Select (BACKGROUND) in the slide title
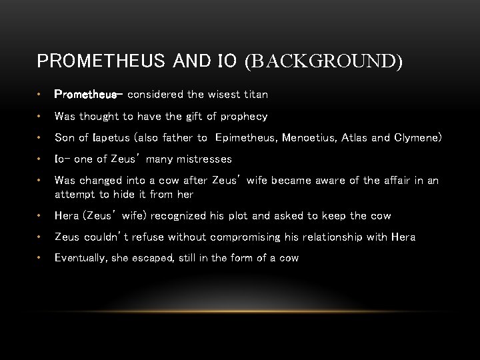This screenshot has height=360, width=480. click(x=324, y=62)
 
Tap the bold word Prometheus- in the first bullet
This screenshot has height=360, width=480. click(x=85, y=95)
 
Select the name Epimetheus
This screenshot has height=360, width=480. click(x=244, y=138)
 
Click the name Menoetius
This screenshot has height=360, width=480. click(x=309, y=138)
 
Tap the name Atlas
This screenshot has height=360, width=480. click(x=354, y=138)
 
